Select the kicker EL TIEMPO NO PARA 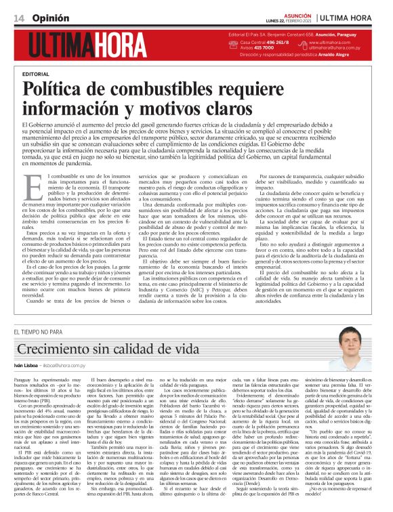pos(37,331)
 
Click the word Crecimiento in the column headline pos(56,349)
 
